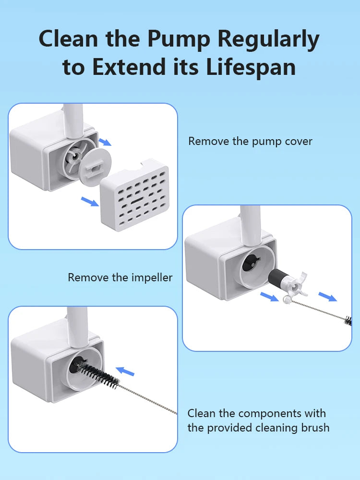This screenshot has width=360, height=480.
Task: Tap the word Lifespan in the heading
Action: [251, 67]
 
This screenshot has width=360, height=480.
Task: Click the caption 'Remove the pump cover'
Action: [250, 141]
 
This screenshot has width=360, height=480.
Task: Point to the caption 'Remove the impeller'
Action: [120, 277]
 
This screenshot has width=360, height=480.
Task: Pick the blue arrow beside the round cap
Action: [105, 142]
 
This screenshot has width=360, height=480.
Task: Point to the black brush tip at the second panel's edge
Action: [348, 319]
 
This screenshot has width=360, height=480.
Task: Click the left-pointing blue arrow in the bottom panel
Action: [126, 371]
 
